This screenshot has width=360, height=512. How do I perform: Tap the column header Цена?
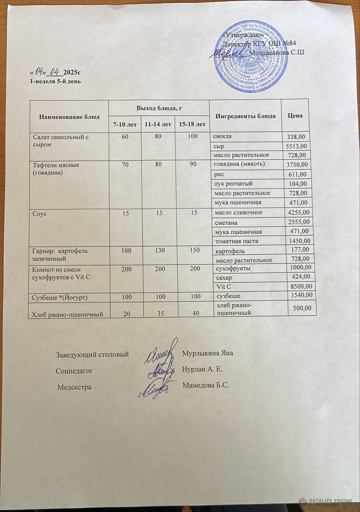click(295, 116)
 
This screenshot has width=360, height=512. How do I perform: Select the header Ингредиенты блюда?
click(245, 116)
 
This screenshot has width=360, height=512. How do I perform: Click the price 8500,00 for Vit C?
click(300, 287)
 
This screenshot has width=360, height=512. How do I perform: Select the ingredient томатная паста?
click(236, 241)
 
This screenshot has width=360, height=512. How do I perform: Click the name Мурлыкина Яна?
click(207, 353)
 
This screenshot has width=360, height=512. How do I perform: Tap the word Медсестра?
click(74, 387)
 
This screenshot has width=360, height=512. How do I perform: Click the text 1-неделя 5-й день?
click(55, 81)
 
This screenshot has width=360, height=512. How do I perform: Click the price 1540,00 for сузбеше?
click(300, 295)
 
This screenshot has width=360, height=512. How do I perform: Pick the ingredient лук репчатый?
click(233, 184)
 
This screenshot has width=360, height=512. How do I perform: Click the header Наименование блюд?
click(69, 116)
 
